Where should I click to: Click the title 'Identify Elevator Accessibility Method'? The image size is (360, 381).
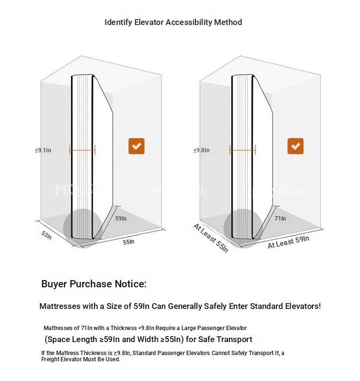click(173, 23)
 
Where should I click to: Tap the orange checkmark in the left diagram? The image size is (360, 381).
click(136, 146)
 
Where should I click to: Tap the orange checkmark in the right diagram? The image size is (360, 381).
click(295, 146)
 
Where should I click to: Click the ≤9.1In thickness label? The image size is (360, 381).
click(43, 150)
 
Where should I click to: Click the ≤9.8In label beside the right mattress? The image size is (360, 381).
click(202, 150)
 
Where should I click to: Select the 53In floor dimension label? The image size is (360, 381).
click(47, 235)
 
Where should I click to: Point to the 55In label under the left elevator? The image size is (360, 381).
click(129, 242)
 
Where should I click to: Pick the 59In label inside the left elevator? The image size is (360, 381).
click(121, 219)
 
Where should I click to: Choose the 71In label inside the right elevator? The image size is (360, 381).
click(280, 219)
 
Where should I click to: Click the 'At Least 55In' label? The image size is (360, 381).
click(211, 238)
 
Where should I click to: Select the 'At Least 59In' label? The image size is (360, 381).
click(288, 242)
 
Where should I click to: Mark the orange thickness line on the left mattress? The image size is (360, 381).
click(82, 150)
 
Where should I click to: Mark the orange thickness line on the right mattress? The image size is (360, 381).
click(242, 150)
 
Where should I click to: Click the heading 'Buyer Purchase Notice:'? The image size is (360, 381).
click(94, 284)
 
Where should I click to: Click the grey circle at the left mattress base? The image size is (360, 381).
click(83, 228)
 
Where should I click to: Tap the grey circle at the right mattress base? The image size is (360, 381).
click(243, 228)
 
